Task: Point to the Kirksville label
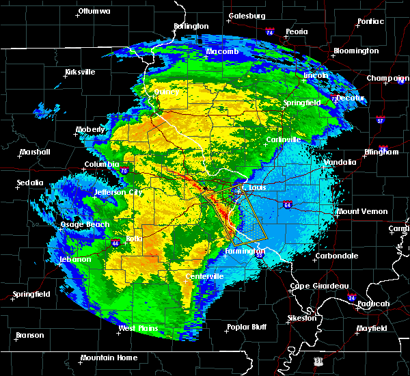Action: [80, 72]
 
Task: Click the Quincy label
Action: [167, 92]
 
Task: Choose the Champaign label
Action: [387, 79]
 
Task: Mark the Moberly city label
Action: [90, 129]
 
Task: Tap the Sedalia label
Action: [31, 183]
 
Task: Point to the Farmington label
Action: [245, 252]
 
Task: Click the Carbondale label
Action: [336, 256]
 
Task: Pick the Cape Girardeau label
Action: [319, 286]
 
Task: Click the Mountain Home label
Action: [109, 358]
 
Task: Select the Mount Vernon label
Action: [362, 212]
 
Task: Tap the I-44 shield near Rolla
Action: [111, 242]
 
